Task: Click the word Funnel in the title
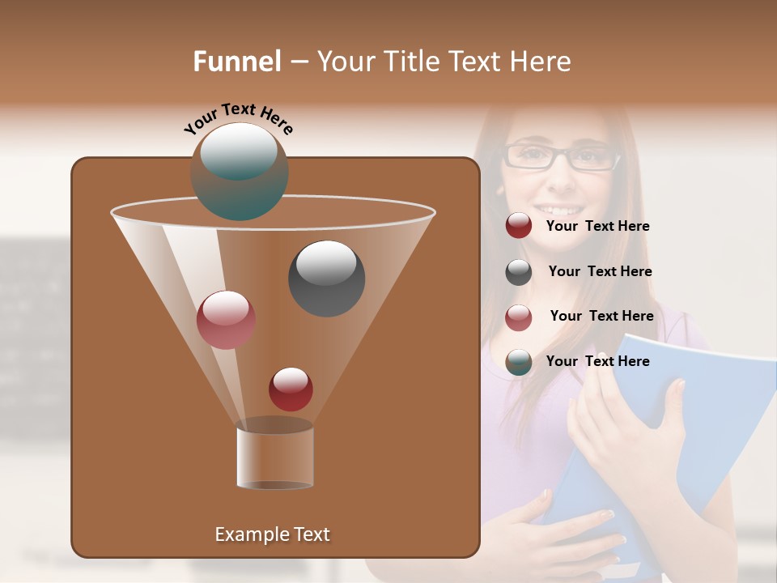(237, 62)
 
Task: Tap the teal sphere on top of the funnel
(240, 171)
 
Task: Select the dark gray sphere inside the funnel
(327, 278)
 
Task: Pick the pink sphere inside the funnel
(226, 319)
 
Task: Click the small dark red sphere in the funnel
(291, 389)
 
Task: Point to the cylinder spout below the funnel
(275, 457)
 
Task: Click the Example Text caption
(272, 534)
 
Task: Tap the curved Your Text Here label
(238, 119)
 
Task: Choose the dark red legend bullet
(519, 226)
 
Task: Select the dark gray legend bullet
(519, 272)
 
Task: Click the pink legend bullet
(519, 317)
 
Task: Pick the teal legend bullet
(519, 362)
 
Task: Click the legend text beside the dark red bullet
(597, 227)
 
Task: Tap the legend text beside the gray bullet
(600, 272)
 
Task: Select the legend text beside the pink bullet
(601, 317)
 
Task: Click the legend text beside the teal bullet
(597, 362)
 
